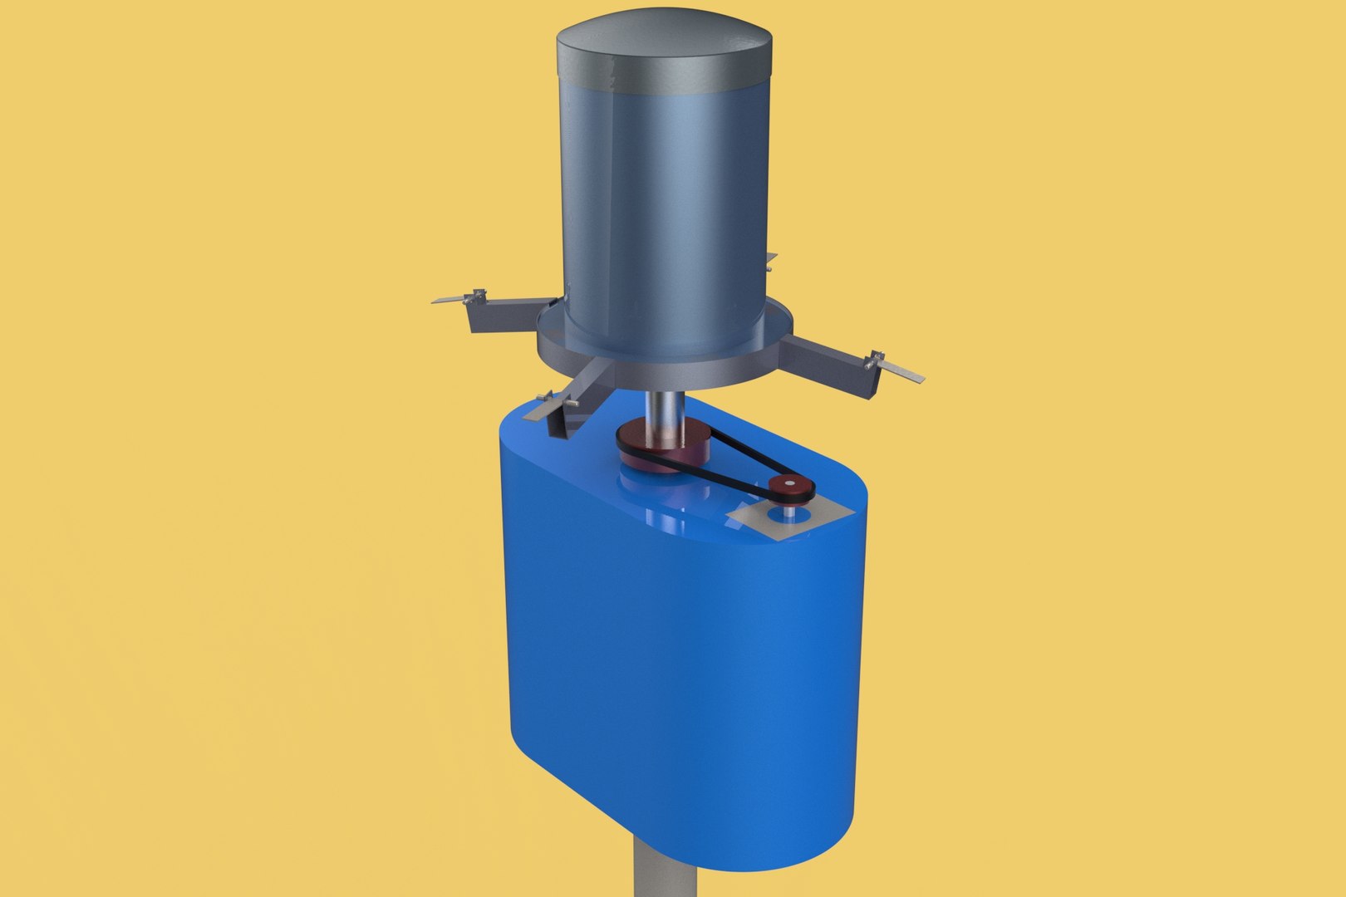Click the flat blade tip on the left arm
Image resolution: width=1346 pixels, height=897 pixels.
click(449, 299)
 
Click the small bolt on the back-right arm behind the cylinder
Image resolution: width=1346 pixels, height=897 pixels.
click(770, 267)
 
